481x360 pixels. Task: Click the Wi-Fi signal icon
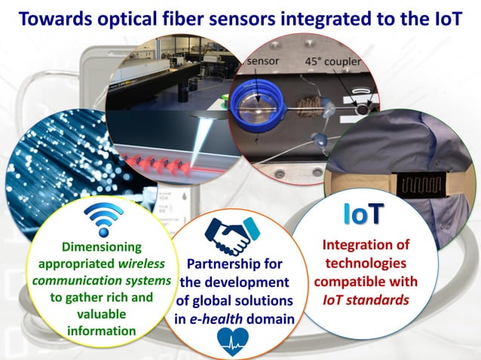point(100,220)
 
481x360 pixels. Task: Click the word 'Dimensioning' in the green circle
point(90,247)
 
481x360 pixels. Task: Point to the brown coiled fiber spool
point(308,108)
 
